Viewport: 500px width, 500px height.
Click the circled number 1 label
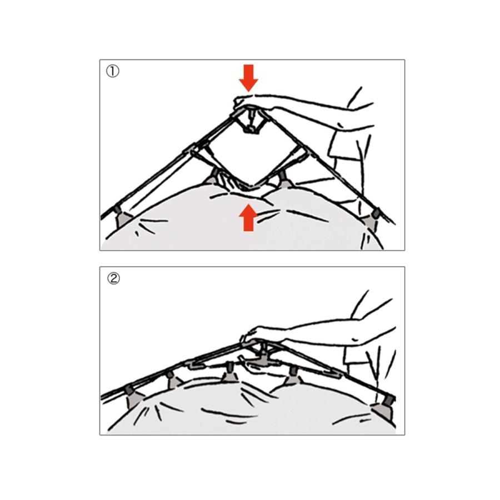(113, 71)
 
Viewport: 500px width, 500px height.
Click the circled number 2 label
(113, 278)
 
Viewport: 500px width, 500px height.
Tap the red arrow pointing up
(248, 217)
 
